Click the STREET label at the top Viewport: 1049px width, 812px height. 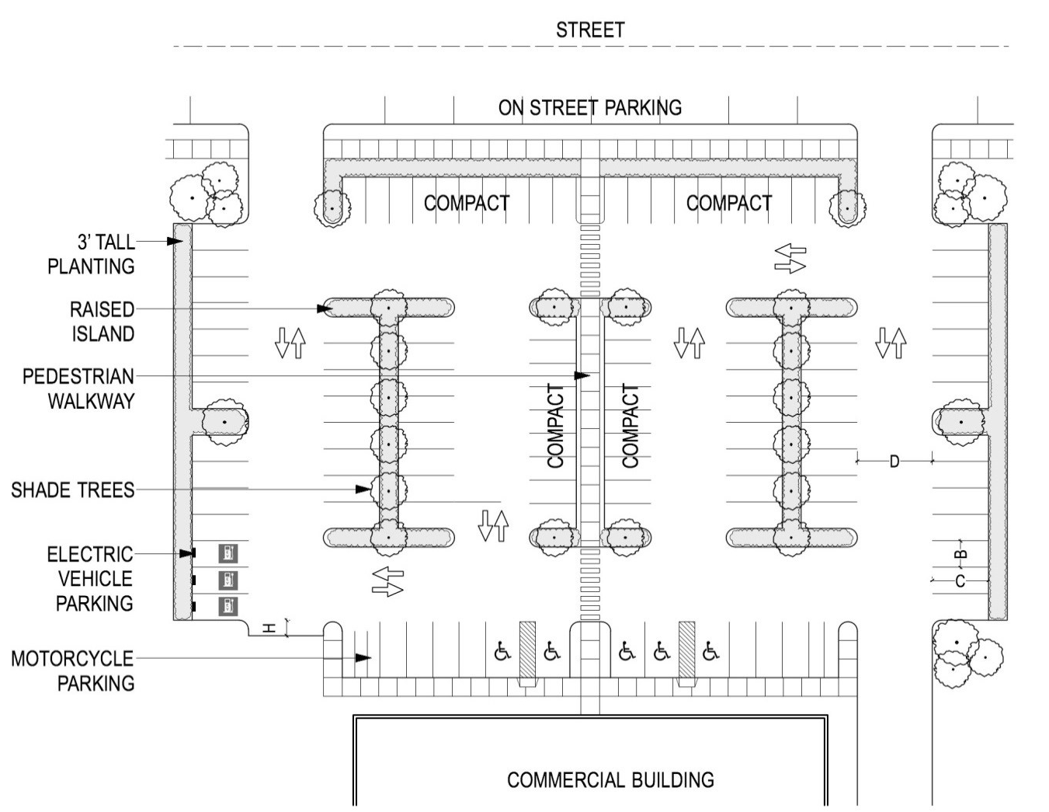[590, 30]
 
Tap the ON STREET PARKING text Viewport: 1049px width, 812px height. [590, 107]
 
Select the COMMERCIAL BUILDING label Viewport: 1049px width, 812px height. [610, 779]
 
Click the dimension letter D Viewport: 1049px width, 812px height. [894, 462]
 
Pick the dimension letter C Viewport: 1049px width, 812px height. [960, 581]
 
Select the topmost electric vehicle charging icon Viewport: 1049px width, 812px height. [228, 553]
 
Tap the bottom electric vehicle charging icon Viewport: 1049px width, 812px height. [228, 606]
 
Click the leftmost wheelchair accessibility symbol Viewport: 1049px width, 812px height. [502, 651]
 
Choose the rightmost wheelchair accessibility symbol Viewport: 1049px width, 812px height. [710, 651]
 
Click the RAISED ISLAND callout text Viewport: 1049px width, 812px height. [102, 322]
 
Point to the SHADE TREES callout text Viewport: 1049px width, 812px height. [72, 490]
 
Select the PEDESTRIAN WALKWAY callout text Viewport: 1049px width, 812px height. [78, 389]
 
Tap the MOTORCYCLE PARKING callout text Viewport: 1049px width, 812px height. [72, 671]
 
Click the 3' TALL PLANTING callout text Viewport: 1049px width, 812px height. [92, 254]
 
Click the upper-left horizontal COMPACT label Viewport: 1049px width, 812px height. [467, 203]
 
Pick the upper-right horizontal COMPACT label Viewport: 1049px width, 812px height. [729, 203]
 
